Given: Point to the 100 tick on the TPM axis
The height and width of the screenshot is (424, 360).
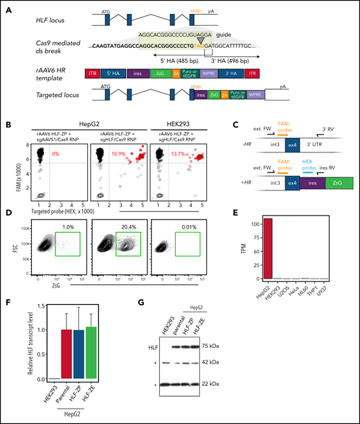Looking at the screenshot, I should tap(246, 224).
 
